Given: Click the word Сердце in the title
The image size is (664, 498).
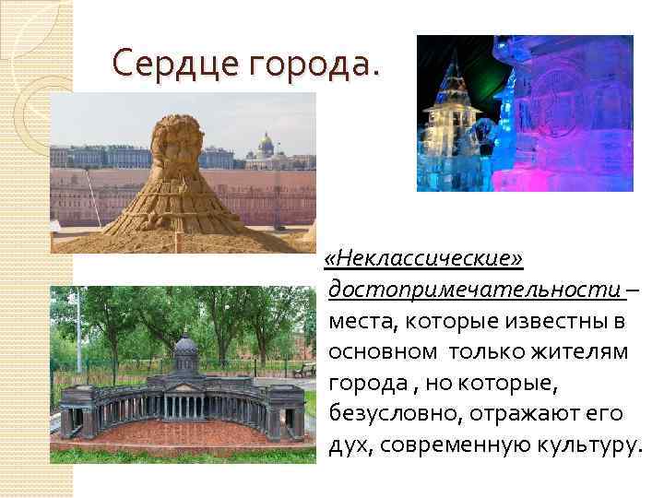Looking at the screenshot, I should tap(167, 64).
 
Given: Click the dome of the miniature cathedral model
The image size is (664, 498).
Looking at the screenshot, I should tap(185, 346).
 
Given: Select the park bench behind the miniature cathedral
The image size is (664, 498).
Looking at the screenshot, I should tap(302, 371).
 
